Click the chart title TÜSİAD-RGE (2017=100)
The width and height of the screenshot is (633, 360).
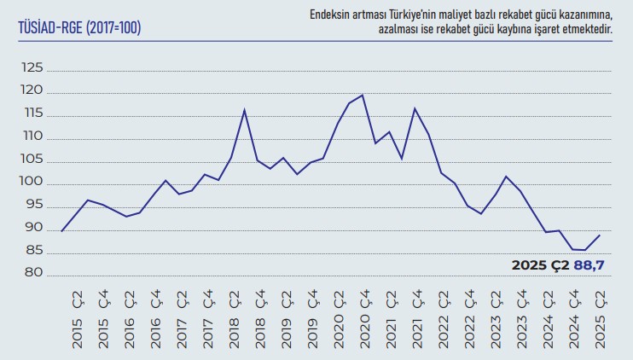[x=79, y=28]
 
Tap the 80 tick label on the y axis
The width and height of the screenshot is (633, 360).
[x=32, y=274]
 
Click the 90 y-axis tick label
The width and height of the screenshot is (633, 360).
[x=32, y=229]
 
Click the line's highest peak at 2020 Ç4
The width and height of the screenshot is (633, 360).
[x=363, y=95]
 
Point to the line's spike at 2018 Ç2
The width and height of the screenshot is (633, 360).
[x=245, y=109]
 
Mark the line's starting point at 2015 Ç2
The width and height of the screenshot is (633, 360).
[x=62, y=231]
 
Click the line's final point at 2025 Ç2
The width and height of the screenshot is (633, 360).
[x=601, y=235]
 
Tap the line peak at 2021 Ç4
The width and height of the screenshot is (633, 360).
[x=415, y=108]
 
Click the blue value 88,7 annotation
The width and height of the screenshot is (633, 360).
[x=589, y=266]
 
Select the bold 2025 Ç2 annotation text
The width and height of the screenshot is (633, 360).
[x=540, y=266]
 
